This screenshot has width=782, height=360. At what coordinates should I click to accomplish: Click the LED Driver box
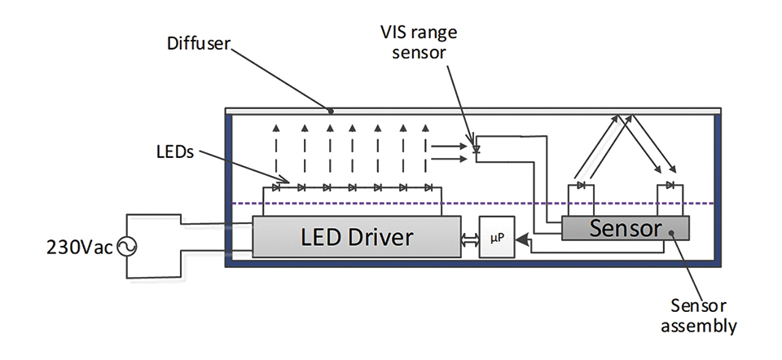tap(357, 237)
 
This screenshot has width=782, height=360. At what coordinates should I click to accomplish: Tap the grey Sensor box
tap(626, 228)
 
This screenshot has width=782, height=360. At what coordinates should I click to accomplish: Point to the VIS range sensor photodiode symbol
tap(477, 149)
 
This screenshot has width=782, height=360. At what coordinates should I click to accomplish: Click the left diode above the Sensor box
tap(581, 185)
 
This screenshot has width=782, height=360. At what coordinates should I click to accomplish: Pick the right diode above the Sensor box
tap(670, 185)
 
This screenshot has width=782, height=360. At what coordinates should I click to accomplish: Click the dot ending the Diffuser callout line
tap(330, 111)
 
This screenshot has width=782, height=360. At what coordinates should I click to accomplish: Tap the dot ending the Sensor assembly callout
tap(670, 232)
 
